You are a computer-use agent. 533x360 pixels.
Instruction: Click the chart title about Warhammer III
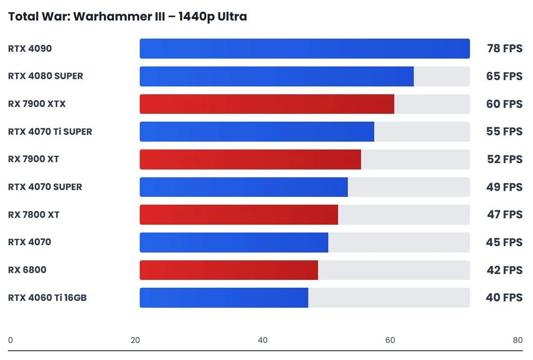[128, 17]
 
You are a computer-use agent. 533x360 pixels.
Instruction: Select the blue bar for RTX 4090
[304, 49]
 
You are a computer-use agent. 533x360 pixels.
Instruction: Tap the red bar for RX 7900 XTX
[267, 104]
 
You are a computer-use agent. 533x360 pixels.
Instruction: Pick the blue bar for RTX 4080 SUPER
[277, 76]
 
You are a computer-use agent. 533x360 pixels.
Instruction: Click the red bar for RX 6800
[229, 270]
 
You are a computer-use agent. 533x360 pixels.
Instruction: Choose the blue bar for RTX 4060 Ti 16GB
[224, 298]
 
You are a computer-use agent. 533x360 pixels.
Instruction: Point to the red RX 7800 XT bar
[239, 215]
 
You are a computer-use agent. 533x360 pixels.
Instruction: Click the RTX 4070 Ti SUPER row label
[50, 132]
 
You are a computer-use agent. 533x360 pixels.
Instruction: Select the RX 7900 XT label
[34, 159]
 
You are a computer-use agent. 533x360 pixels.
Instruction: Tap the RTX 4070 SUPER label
[45, 187]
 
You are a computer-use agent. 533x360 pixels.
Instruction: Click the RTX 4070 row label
[29, 242]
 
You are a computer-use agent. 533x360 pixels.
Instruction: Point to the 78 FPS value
[504, 49]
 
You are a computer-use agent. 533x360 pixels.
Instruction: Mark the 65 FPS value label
[504, 76]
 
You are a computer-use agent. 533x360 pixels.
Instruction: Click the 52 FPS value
[504, 159]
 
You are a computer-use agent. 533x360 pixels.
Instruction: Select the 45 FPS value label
[504, 242]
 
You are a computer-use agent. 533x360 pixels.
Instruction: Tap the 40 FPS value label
[504, 298]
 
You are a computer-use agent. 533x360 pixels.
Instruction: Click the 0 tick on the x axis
[11, 340]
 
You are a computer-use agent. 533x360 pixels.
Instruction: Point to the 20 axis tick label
[135, 340]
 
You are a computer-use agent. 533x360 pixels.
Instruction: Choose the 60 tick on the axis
[390, 340]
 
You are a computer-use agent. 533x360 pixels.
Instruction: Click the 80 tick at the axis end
[517, 340]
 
